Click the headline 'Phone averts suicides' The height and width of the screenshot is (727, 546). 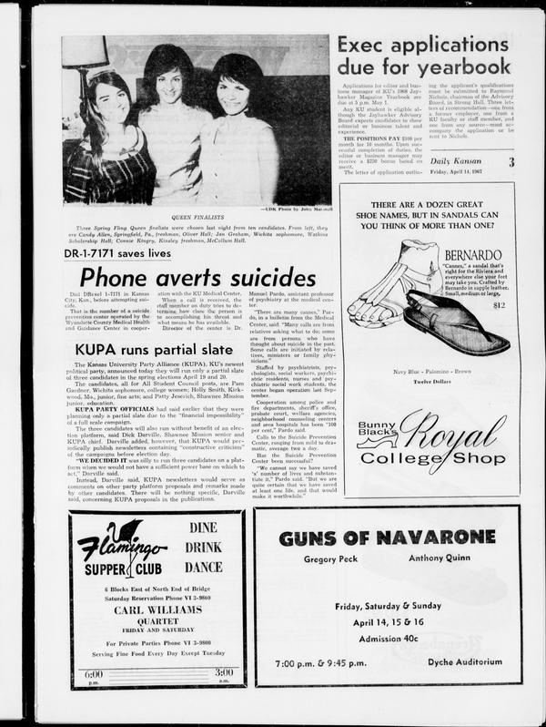(197, 277)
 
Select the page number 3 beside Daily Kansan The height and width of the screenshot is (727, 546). (511, 161)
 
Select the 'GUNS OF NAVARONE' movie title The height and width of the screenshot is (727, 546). (387, 538)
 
